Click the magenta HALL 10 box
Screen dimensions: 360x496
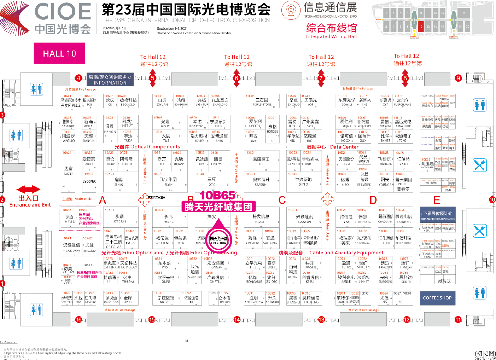pyautogui.click(x=59, y=53)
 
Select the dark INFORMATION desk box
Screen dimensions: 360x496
pyautogui.click(x=110, y=80)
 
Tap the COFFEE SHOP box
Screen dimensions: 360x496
pyautogui.click(x=437, y=298)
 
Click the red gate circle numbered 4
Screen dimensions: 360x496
pyautogui.click(x=78, y=78)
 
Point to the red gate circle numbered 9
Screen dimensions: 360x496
pyautogui.click(x=458, y=78)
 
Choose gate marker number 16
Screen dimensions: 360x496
pyautogui.click(x=78, y=320)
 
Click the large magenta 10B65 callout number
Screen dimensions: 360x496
pyautogui.click(x=217, y=196)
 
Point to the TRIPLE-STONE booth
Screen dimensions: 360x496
pyautogui.click(x=262, y=102)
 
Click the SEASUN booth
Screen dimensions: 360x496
pyautogui.click(x=261, y=182)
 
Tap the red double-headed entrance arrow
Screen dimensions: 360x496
pyautogui.click(x=28, y=190)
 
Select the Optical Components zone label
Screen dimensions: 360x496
pyautogui.click(x=147, y=147)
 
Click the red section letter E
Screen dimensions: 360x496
pyautogui.click(x=437, y=200)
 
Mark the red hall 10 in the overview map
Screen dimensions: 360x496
pyautogui.click(x=421, y=27)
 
